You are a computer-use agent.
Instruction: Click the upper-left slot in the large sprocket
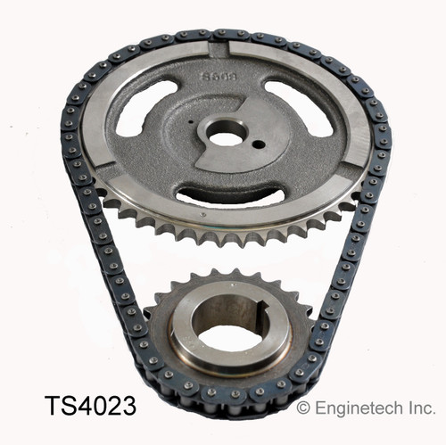pyautogui.click(x=145, y=107)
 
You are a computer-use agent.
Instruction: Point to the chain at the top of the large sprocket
pyautogui.click(x=223, y=34)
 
